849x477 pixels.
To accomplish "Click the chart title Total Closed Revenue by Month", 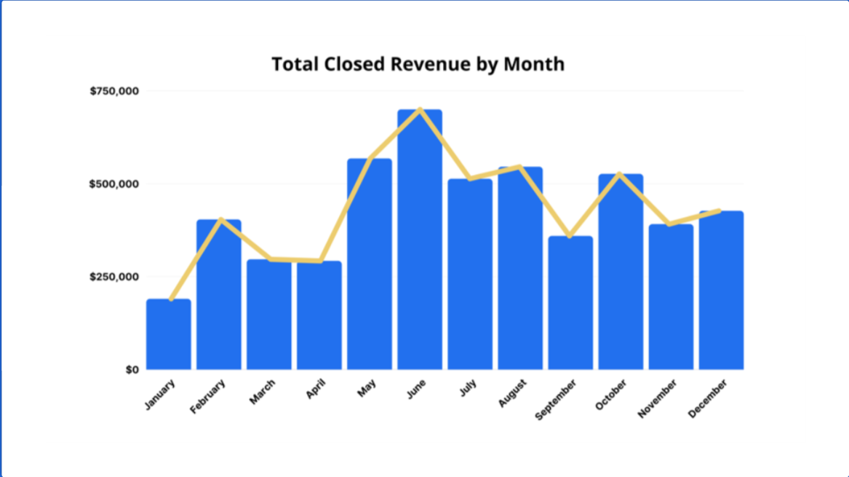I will tap(418, 64).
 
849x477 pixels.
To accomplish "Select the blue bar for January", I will tap(169, 334).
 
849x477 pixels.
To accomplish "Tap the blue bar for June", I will tap(420, 240).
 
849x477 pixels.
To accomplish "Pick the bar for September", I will tap(570, 303).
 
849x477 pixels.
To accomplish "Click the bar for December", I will tap(721, 291).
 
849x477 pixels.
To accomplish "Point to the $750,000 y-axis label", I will tap(115, 91).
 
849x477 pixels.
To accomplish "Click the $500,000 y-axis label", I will tap(115, 184).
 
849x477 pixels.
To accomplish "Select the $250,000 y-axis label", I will tap(115, 277).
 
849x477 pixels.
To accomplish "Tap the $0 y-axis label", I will tap(131, 369).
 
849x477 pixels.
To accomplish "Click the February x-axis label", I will tap(208, 396).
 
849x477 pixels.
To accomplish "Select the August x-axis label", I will tap(513, 393).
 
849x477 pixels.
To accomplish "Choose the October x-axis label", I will tap(611, 394).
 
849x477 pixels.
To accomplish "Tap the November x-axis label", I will tap(658, 398).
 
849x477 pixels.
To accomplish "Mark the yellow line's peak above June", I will tap(420, 109).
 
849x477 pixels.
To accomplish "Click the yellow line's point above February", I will tap(219, 218).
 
